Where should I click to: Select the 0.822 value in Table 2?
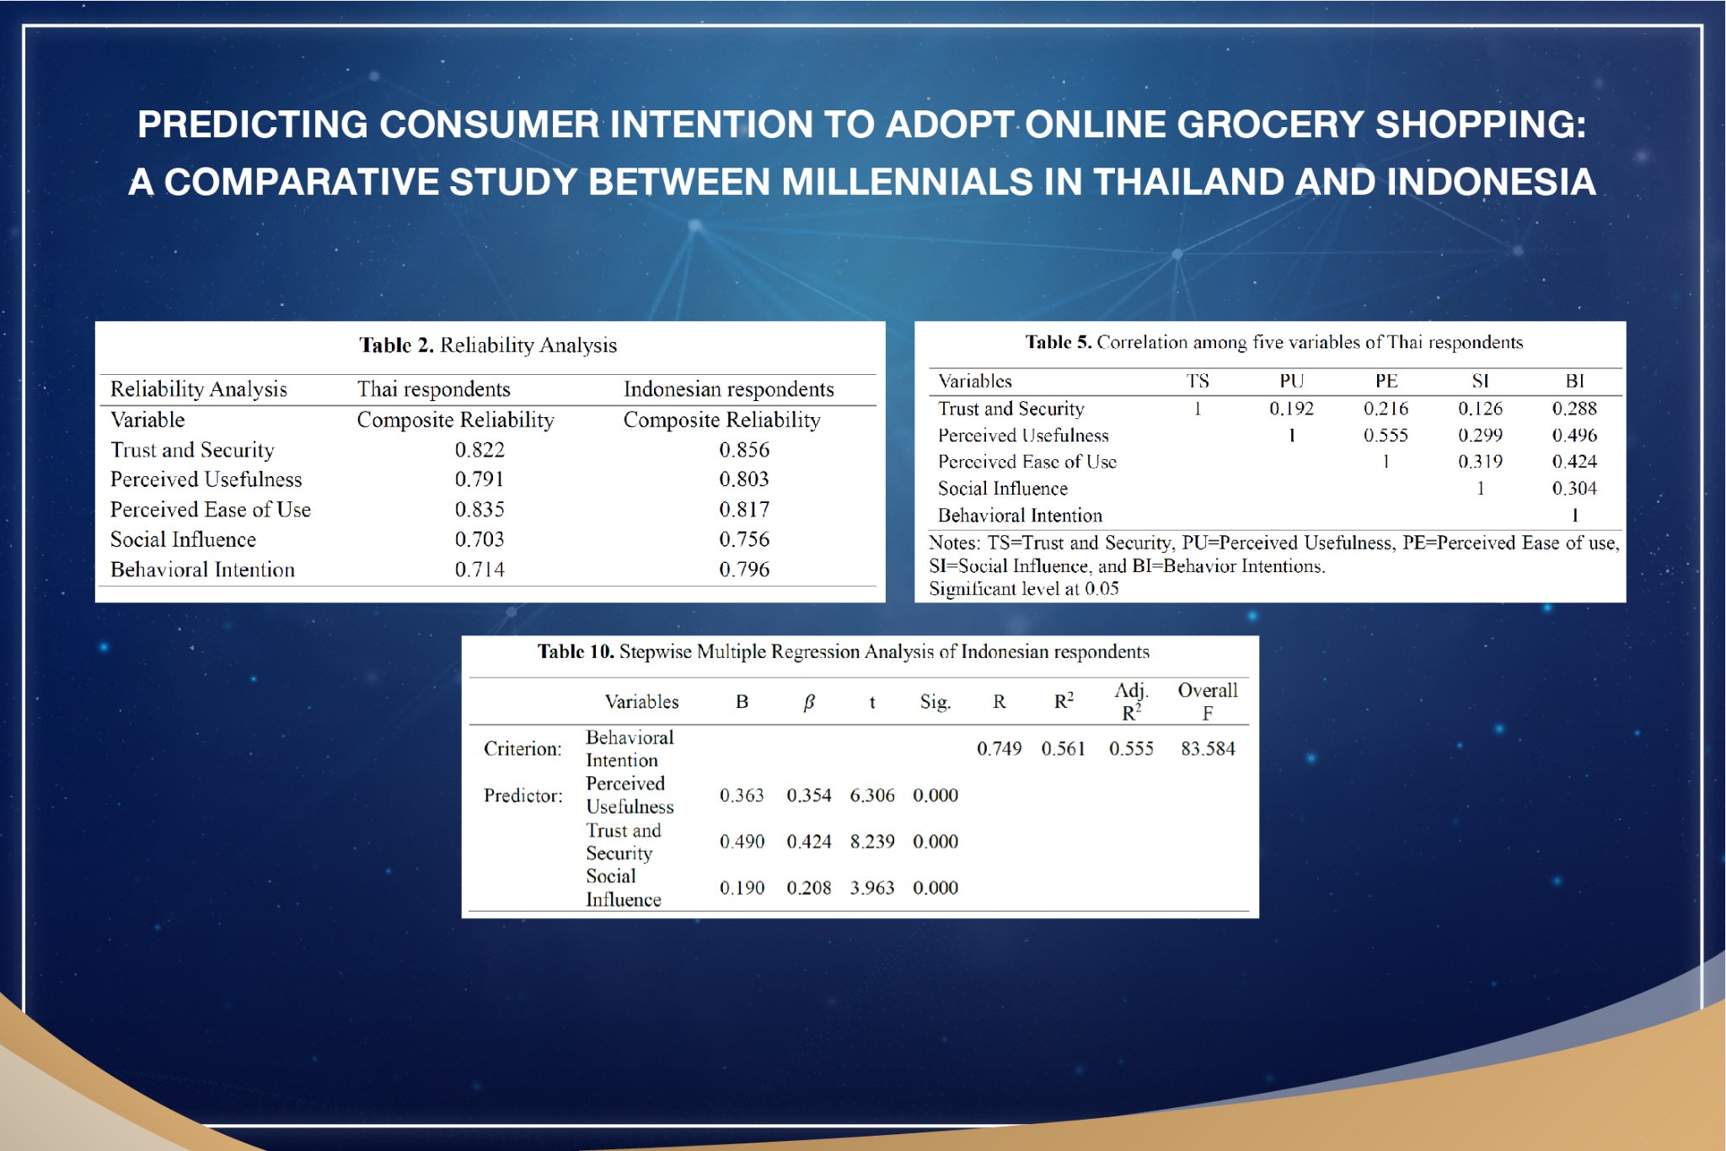pos(480,450)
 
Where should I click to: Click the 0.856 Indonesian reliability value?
pos(744,450)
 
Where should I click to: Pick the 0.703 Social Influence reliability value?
pos(480,539)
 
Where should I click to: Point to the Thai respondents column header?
pos(433,389)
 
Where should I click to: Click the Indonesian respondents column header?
pos(728,389)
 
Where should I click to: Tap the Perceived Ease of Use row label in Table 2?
pos(211,510)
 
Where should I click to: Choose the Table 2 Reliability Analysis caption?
pos(488,345)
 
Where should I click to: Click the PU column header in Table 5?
pos(1291,381)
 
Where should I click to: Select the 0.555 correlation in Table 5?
pos(1386,436)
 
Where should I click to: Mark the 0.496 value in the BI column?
pos(1574,436)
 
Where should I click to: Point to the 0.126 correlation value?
pos(1480,409)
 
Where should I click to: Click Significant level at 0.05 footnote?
pos(1024,589)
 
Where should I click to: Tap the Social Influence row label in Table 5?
pos(1003,489)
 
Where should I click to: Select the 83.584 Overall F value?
pos(1208,748)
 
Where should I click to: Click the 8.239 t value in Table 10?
pos(872,842)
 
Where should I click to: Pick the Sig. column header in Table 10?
pos(935,702)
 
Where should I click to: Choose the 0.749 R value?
pos(999,748)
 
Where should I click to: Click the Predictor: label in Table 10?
pos(523,795)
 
